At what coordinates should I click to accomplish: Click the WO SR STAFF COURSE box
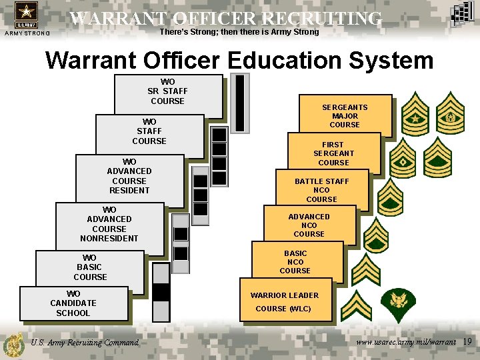point(168,92)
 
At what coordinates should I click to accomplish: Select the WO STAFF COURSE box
point(149,131)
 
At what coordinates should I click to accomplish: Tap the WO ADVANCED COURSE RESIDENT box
point(129,176)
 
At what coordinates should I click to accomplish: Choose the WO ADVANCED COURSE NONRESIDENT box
point(109,224)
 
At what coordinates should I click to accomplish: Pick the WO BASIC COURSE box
point(90,267)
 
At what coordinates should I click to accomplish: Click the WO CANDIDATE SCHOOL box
point(73,303)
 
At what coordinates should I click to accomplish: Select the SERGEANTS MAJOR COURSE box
point(345,115)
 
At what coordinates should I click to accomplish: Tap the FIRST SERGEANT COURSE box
point(333,153)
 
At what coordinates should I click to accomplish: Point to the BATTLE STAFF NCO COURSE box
point(322,190)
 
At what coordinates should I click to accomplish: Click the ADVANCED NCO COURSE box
point(309,225)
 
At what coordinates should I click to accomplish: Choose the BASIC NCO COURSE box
point(295,262)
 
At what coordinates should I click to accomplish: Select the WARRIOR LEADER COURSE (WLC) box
point(285,301)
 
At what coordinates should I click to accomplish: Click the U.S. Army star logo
point(26,15)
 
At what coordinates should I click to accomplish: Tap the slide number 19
point(467,342)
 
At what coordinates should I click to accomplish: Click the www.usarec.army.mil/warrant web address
point(406,342)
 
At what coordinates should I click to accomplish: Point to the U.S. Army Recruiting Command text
point(85,343)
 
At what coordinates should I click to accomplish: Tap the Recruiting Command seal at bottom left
point(13,345)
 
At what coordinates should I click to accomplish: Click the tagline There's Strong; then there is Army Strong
point(239,32)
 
